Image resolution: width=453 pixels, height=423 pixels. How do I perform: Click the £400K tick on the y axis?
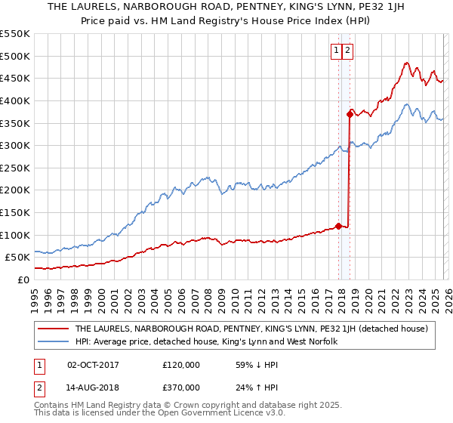coord(14,100)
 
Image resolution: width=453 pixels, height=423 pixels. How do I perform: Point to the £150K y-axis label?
coord(14,212)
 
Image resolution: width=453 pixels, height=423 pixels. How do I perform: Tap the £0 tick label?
coord(23,279)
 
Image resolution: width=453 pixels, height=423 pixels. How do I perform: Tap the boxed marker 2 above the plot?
coord(347,51)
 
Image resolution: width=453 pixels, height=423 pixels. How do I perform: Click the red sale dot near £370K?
coord(350,114)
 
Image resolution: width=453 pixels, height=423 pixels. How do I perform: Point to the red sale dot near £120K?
coord(338,225)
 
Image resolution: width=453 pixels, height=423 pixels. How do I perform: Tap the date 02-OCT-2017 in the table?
coord(93,364)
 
